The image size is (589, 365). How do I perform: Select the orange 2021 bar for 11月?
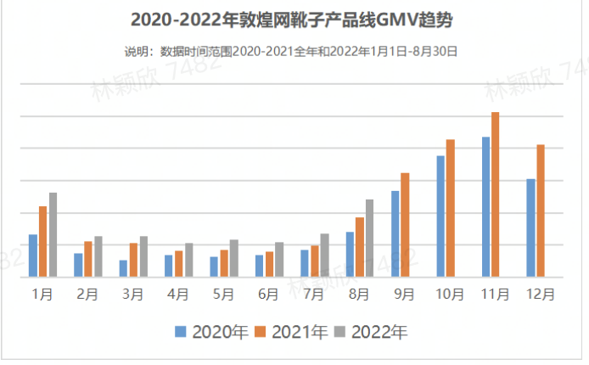(x=496, y=194)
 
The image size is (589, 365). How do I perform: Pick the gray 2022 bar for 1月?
(x=53, y=234)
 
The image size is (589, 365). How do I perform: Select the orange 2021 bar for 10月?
(x=451, y=208)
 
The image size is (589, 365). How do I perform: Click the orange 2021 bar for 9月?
(x=405, y=225)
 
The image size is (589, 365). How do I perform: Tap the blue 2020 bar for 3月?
(x=124, y=268)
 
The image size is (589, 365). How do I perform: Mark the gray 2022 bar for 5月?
(x=233, y=258)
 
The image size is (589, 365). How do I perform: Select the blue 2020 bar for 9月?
(x=395, y=233)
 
